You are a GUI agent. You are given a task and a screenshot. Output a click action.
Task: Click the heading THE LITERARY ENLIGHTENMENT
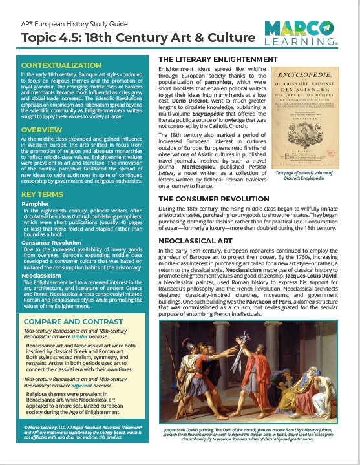tap(220, 60)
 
